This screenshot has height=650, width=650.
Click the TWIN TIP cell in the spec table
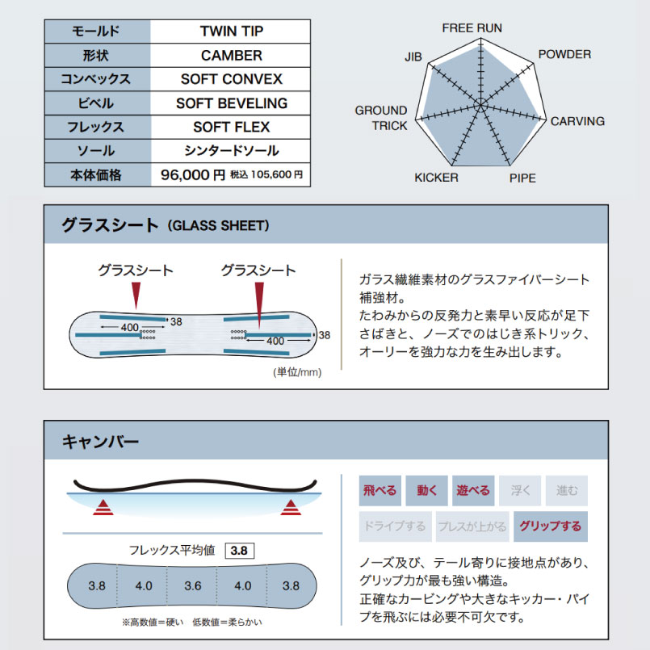(231, 32)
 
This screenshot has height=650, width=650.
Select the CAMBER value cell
(231, 56)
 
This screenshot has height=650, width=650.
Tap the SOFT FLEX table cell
(231, 127)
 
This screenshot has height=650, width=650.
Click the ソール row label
(97, 151)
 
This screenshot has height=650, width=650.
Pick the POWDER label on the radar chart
(564, 55)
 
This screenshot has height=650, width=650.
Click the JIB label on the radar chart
(413, 57)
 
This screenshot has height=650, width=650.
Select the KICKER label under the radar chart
(436, 178)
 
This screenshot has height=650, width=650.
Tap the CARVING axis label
(577, 122)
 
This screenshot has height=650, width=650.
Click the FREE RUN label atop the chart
(472, 28)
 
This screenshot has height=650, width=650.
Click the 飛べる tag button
(380, 490)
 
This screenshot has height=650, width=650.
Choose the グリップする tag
(551, 526)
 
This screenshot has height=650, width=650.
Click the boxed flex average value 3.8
(240, 551)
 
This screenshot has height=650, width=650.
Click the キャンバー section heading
(100, 442)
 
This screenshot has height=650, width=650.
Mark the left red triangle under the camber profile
(102, 508)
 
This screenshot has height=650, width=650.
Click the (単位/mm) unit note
(298, 371)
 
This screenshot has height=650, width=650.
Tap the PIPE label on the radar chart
(522, 178)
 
